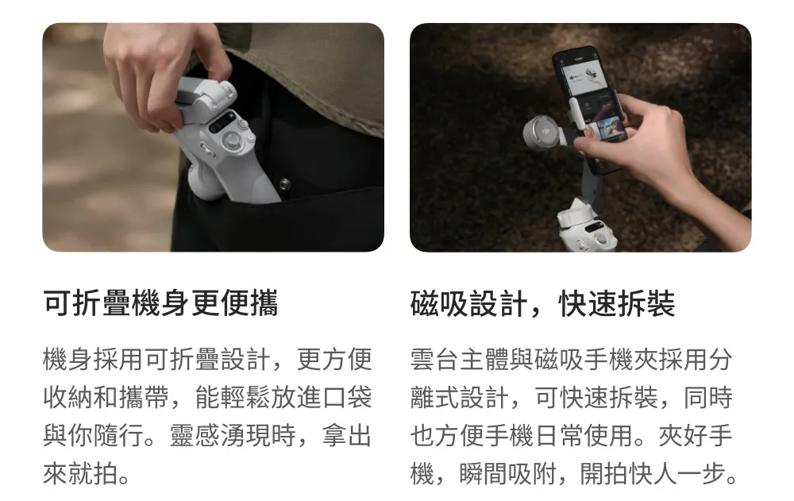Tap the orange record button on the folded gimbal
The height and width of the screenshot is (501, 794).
(x=243, y=124)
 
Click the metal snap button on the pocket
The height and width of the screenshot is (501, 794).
(x=284, y=183)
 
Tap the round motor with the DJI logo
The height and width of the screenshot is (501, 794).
(x=542, y=133)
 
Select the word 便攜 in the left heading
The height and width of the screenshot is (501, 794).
(x=249, y=303)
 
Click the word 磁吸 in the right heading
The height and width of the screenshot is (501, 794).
(x=440, y=303)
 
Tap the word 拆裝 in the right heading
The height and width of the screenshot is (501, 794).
(x=646, y=303)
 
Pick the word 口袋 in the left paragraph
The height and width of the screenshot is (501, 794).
(x=348, y=397)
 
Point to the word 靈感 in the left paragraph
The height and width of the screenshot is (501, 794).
(x=195, y=435)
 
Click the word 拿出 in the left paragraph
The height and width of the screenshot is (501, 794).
(x=348, y=435)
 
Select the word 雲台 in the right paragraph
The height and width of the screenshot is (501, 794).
(x=435, y=359)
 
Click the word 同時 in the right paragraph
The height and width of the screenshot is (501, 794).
(x=708, y=397)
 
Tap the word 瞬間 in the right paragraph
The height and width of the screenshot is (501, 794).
(x=484, y=474)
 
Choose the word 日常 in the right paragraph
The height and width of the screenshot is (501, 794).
(x=559, y=435)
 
